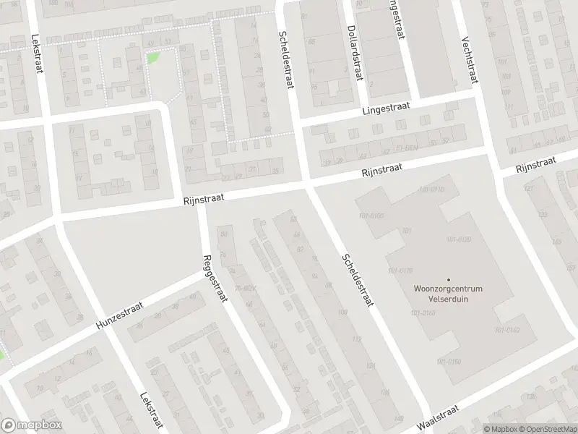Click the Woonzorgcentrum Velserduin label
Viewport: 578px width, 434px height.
point(447,292)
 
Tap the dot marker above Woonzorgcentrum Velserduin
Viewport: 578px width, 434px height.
point(448,279)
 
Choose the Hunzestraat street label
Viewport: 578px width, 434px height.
point(119,318)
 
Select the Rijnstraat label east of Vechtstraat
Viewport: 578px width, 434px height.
point(535,165)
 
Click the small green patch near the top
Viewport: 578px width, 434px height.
point(153,57)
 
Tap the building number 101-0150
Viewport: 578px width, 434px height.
point(449,361)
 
